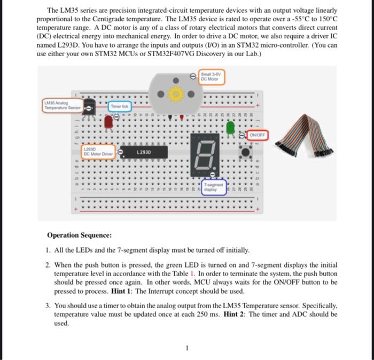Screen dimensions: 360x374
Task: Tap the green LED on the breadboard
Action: click(231, 128)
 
